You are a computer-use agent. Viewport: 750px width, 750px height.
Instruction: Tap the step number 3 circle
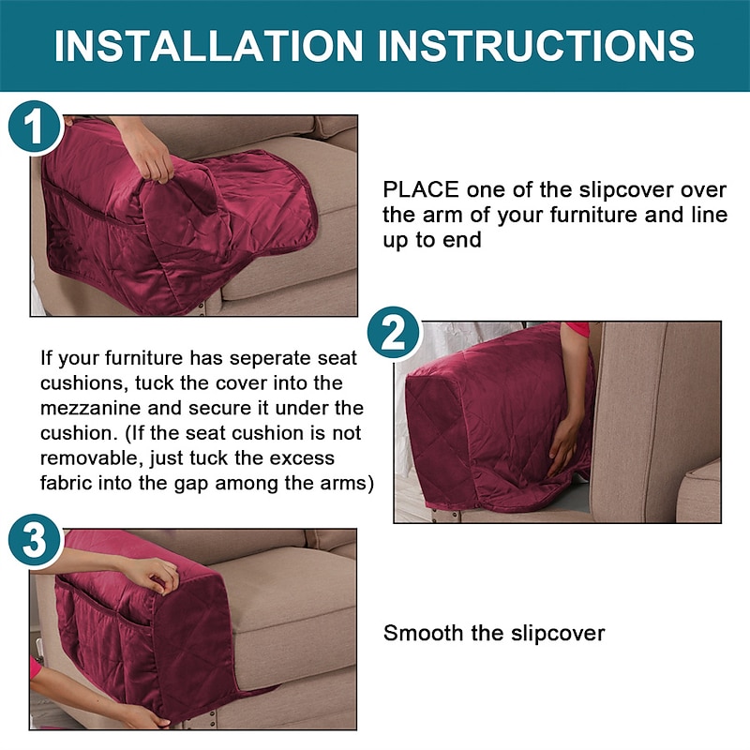click(x=34, y=541)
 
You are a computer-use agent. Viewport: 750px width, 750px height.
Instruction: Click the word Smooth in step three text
click(x=423, y=633)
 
